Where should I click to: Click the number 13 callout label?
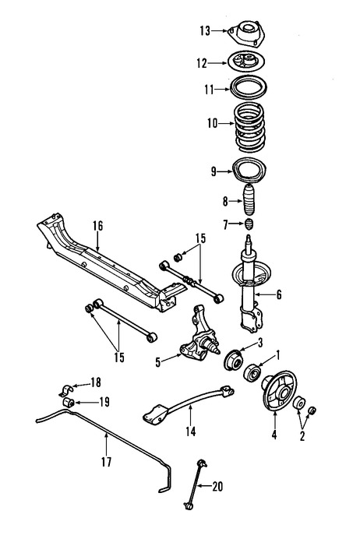tap(204, 31)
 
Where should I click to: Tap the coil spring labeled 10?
tap(250, 128)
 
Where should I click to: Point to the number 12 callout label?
tap(200, 64)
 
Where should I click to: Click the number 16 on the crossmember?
tap(97, 226)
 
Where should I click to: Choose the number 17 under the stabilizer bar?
tap(106, 462)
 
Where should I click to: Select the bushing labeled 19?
tap(68, 401)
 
